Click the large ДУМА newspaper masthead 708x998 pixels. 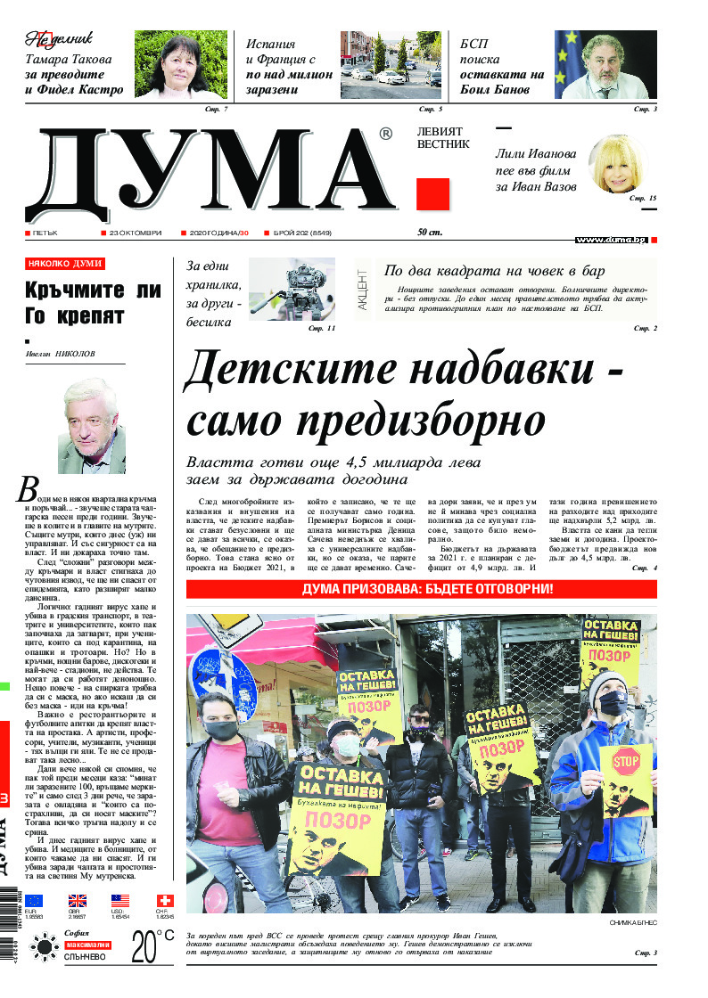pos(210,175)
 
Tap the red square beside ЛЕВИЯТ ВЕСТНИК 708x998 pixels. pos(432,194)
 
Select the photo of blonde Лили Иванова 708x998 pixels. pos(621,165)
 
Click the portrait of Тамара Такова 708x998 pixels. pos(187,64)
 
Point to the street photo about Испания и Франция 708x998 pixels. pos(391,64)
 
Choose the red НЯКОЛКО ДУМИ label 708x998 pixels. pos(65,264)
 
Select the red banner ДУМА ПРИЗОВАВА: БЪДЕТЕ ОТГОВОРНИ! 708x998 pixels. pos(422,590)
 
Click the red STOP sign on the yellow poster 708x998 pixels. pos(626,763)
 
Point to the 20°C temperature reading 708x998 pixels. pos(152,947)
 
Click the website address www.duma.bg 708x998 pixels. pos(610,240)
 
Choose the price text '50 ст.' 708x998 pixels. pos(430,233)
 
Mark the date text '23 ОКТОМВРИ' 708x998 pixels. pos(135,233)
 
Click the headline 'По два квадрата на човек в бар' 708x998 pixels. pos(495,271)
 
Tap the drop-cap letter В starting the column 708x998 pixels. pos(29,488)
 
